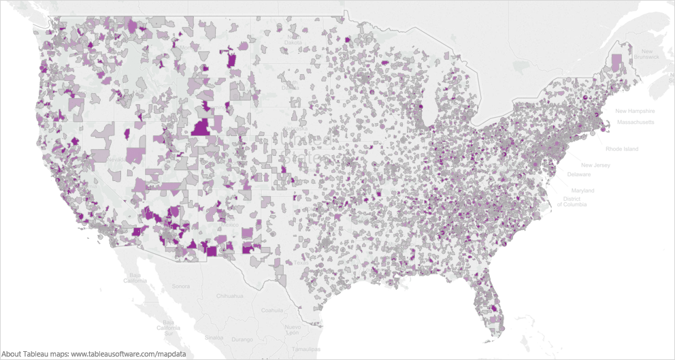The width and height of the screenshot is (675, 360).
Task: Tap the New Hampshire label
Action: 635,111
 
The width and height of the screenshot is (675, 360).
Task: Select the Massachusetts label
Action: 636,122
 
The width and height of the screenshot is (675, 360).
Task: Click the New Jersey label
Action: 595,165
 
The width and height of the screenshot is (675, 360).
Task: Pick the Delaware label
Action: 579,174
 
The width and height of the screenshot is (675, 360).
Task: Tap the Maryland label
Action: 582,191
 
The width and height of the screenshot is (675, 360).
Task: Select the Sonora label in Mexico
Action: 180,287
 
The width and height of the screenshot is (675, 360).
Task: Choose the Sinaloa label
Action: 215,337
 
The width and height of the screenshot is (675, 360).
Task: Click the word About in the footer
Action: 12,354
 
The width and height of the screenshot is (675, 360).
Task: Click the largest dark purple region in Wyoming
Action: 201,128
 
